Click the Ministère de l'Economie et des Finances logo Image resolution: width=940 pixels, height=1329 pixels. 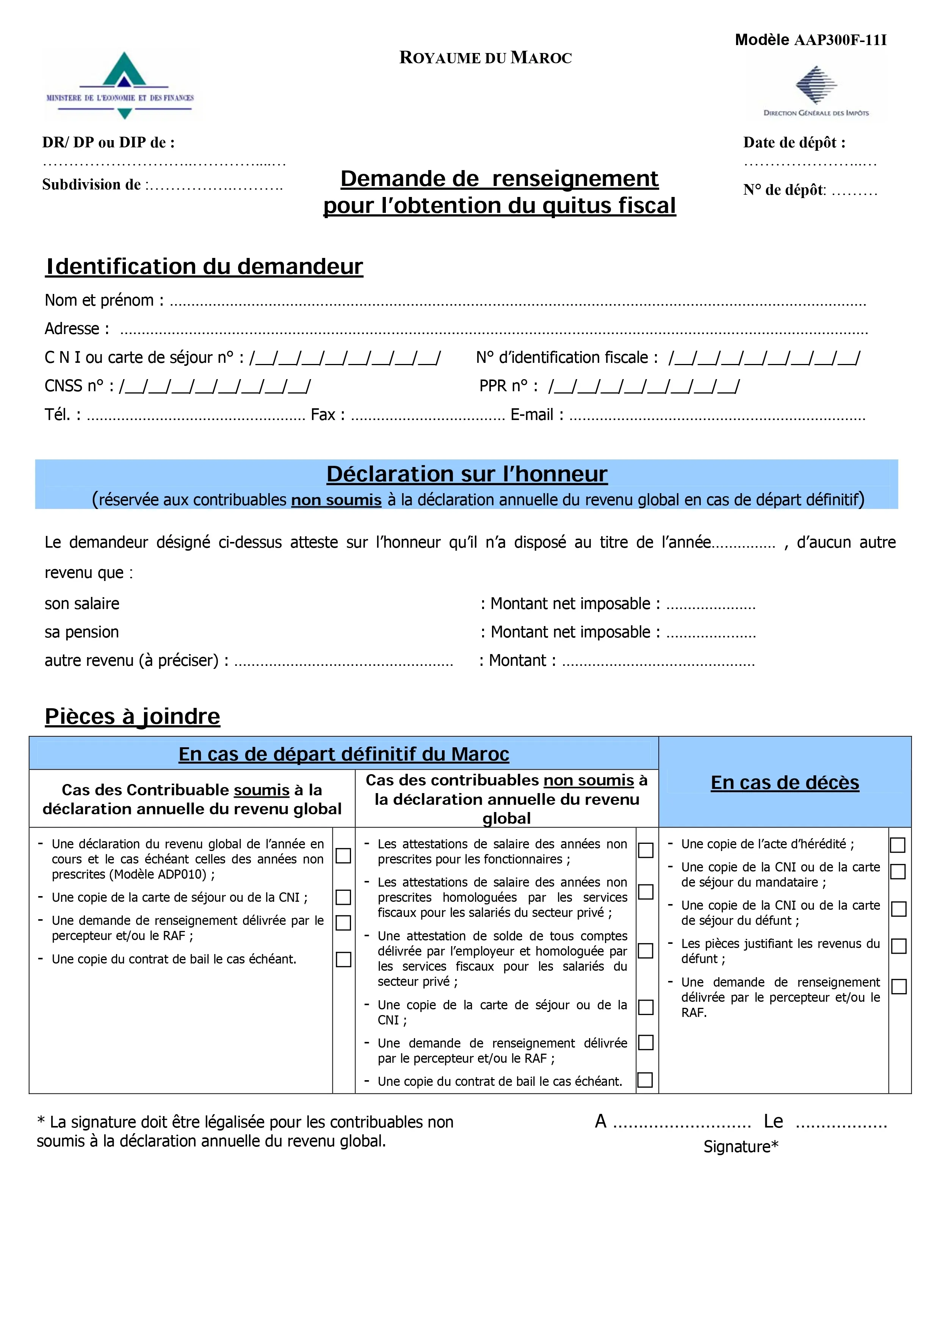pos(121,86)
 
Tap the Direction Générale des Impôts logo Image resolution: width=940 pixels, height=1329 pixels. pos(815,91)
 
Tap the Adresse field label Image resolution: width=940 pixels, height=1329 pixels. pos(77,329)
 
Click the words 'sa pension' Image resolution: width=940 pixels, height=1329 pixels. pos(81,632)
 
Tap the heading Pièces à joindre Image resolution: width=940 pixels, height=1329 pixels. pos(133,717)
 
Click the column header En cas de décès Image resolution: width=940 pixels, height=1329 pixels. pos(785,782)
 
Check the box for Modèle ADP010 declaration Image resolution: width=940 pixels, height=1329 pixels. pos(343,856)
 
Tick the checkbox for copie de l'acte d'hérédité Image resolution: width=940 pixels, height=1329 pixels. pos(898,845)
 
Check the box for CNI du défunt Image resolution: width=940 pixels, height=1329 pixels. pos(898,909)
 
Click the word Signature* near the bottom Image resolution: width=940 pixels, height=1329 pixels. pos(741,1147)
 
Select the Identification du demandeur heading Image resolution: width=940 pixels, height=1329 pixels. pos(204,266)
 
